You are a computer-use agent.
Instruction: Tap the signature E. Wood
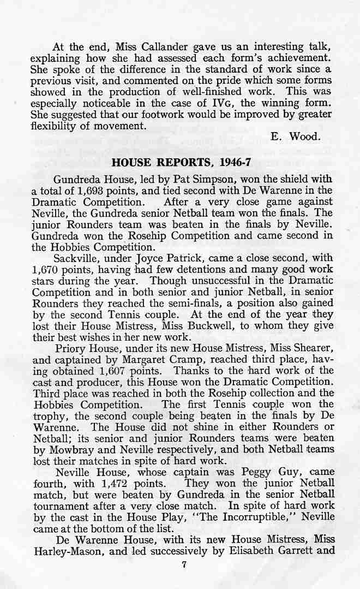[295, 137]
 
